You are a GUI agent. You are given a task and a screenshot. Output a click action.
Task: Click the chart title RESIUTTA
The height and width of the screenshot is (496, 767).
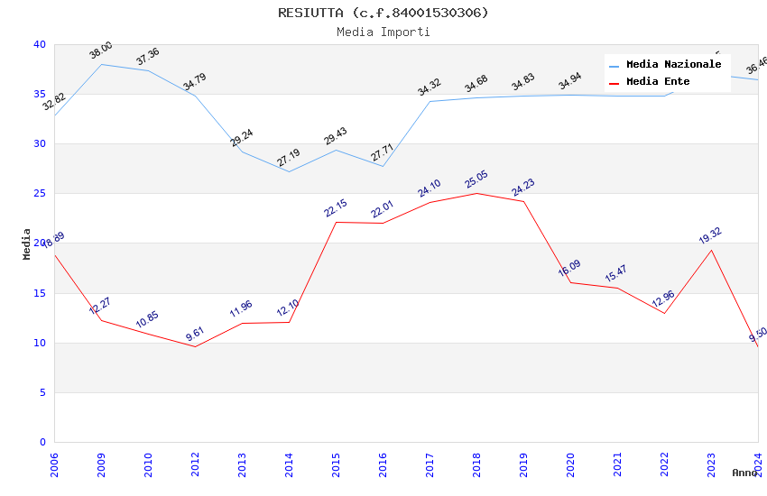(383, 13)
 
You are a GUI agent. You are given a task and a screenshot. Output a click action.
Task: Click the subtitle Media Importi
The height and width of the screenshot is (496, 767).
(383, 32)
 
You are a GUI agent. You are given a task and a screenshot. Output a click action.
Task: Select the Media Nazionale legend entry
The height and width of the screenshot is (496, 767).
(673, 65)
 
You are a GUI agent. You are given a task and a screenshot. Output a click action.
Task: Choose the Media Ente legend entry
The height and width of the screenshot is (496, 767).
(658, 82)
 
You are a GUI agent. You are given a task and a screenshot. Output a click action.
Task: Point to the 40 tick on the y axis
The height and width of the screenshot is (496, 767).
(39, 45)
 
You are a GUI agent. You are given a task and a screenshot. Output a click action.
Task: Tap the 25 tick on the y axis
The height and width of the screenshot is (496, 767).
(39, 194)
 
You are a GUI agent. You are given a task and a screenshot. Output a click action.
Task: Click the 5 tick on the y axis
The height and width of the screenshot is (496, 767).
(42, 393)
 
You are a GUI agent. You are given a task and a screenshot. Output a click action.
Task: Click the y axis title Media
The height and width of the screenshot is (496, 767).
(27, 244)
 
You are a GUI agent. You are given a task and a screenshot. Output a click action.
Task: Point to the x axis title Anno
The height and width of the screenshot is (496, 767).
(744, 473)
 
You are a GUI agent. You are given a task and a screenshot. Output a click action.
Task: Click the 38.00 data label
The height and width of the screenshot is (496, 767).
(101, 51)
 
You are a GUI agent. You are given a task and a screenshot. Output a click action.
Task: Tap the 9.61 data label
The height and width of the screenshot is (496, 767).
(195, 333)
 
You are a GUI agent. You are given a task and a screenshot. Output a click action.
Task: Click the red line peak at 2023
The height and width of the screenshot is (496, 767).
(712, 250)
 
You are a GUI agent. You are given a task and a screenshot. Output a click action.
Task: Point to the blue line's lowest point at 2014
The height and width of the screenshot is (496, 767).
(290, 171)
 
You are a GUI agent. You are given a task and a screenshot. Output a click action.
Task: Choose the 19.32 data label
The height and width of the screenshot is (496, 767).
(711, 235)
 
